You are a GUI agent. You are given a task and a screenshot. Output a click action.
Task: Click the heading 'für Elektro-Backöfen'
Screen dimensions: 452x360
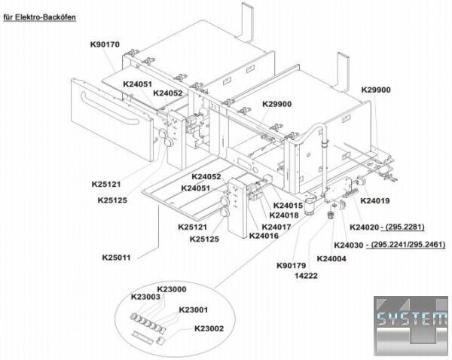pos(39,17)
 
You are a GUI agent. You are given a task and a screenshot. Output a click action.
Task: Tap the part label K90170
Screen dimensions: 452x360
pos(105,44)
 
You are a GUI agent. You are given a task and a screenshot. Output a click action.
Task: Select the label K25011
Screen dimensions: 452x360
pos(117,258)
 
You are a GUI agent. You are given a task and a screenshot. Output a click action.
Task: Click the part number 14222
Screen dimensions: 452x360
pos(306,276)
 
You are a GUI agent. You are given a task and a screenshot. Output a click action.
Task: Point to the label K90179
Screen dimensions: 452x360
pos(291,265)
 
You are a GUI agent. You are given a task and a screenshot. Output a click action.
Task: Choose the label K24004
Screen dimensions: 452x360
pos(331,258)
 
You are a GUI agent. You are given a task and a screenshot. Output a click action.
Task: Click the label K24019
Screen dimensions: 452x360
pos(375,200)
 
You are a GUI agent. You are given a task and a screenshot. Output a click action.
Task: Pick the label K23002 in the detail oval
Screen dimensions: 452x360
pos(209,328)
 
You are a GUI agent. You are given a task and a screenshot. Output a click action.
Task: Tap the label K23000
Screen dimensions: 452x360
pos(172,289)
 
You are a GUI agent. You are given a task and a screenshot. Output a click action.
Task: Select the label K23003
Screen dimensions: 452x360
pos(145,297)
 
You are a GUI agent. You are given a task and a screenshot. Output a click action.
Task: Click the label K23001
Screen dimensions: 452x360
pos(194,310)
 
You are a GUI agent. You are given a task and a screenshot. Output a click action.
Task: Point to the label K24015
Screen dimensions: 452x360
pos(288,206)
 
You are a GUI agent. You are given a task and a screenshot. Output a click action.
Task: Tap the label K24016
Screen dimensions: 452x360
pos(264,236)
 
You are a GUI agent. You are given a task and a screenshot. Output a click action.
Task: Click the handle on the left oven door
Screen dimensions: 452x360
pos(110,108)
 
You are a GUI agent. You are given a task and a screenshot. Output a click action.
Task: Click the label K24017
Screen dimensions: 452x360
pos(276,227)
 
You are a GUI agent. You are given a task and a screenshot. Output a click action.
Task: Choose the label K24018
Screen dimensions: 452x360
pos(284,215)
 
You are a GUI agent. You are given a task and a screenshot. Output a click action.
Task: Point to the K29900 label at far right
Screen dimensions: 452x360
pos(376,90)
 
